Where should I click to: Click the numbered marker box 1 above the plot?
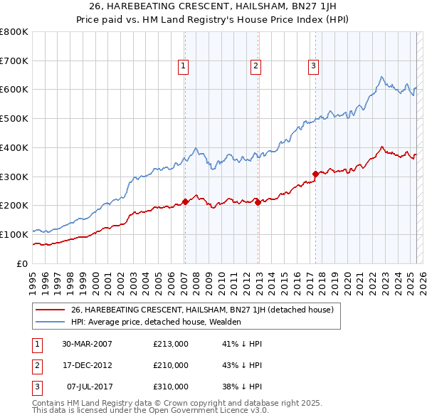[x=183, y=67]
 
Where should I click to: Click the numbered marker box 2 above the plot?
[x=255, y=67]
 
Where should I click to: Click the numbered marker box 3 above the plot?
[x=312, y=67]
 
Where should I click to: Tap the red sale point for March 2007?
[x=185, y=201]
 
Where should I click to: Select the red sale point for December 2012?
[x=257, y=202]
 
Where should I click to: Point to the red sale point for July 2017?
[x=315, y=173]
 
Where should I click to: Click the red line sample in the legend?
[x=50, y=310]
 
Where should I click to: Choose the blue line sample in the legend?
[x=50, y=322]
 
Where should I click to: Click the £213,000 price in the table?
[x=171, y=344]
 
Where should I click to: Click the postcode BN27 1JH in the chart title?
[x=310, y=7]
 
